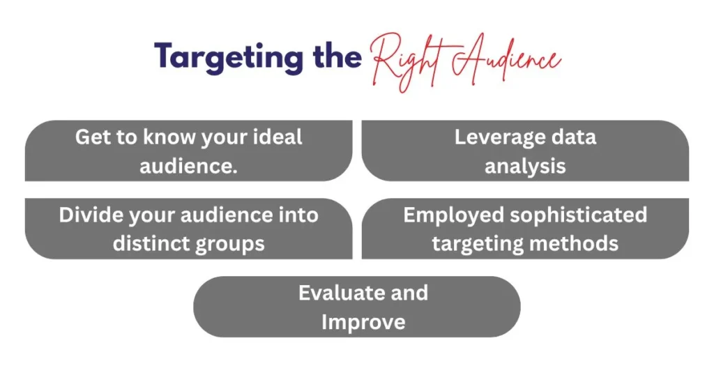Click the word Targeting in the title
point(229,58)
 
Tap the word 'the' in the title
point(337,56)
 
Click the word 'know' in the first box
point(169,137)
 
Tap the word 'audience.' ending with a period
point(188,166)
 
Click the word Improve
point(363,323)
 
